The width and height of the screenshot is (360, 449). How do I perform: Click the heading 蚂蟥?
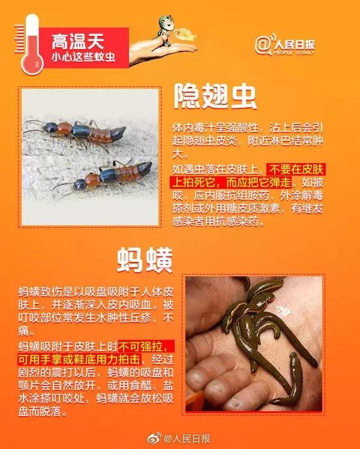tap(145, 261)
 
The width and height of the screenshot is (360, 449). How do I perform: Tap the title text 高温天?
tap(77, 41)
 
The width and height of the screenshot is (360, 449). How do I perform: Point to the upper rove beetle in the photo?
tap(78, 130)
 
